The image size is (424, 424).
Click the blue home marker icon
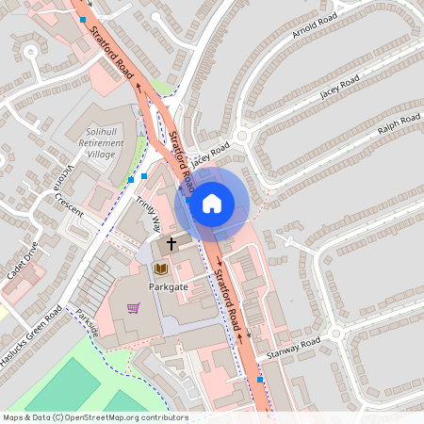(212, 203)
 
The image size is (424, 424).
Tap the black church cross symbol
(171, 243)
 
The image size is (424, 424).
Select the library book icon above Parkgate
(159, 269)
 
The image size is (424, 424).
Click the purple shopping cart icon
(134, 308)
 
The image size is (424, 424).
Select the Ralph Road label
(399, 123)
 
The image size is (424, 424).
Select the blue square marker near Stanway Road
(260, 379)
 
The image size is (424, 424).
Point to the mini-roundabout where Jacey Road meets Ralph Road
(242, 137)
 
